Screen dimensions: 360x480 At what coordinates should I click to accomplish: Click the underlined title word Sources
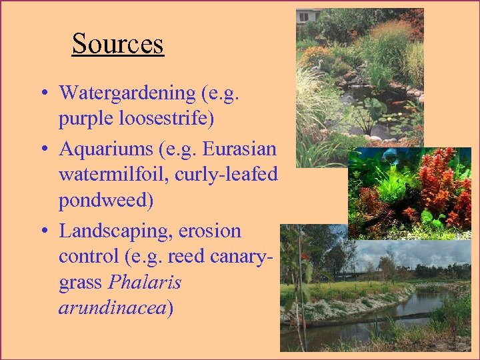pos(117,44)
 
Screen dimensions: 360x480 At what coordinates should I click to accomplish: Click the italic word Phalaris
pos(144,283)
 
